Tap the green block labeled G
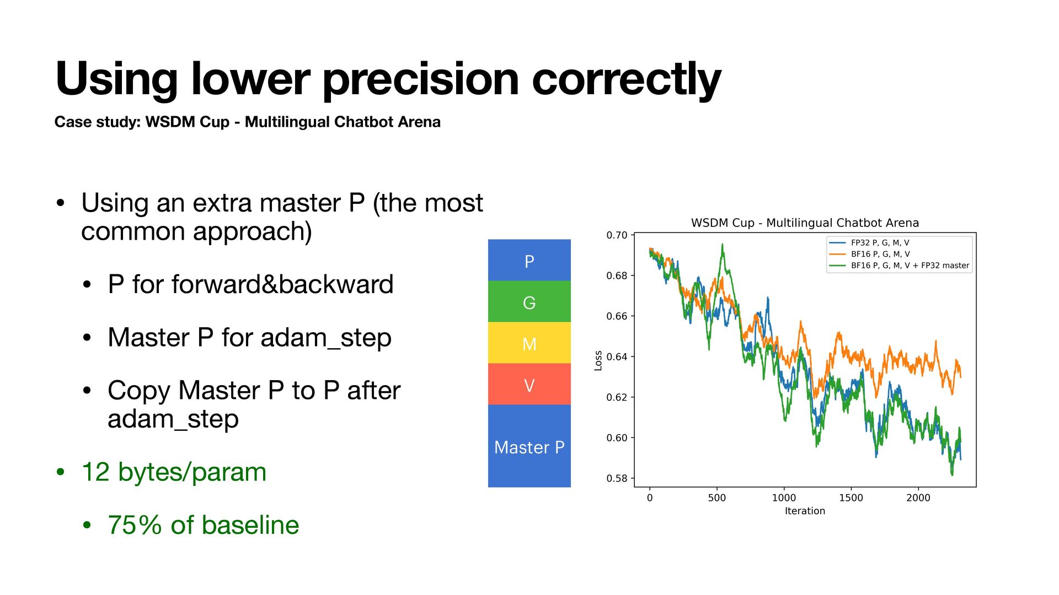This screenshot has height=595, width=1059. (x=529, y=301)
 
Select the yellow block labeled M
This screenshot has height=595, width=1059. (x=529, y=343)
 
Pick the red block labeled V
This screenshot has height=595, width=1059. (x=529, y=384)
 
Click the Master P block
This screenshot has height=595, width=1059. (x=529, y=446)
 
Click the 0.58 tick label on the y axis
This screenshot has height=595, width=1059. (x=617, y=478)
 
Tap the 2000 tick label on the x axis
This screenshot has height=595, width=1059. (x=918, y=497)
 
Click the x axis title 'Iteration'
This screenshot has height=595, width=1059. (x=805, y=511)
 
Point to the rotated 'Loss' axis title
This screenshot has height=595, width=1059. (x=598, y=360)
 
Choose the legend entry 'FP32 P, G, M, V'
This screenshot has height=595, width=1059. (x=880, y=242)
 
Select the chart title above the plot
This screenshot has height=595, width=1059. (x=805, y=223)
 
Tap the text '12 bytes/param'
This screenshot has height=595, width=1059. (x=174, y=472)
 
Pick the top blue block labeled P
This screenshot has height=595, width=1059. (x=529, y=260)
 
